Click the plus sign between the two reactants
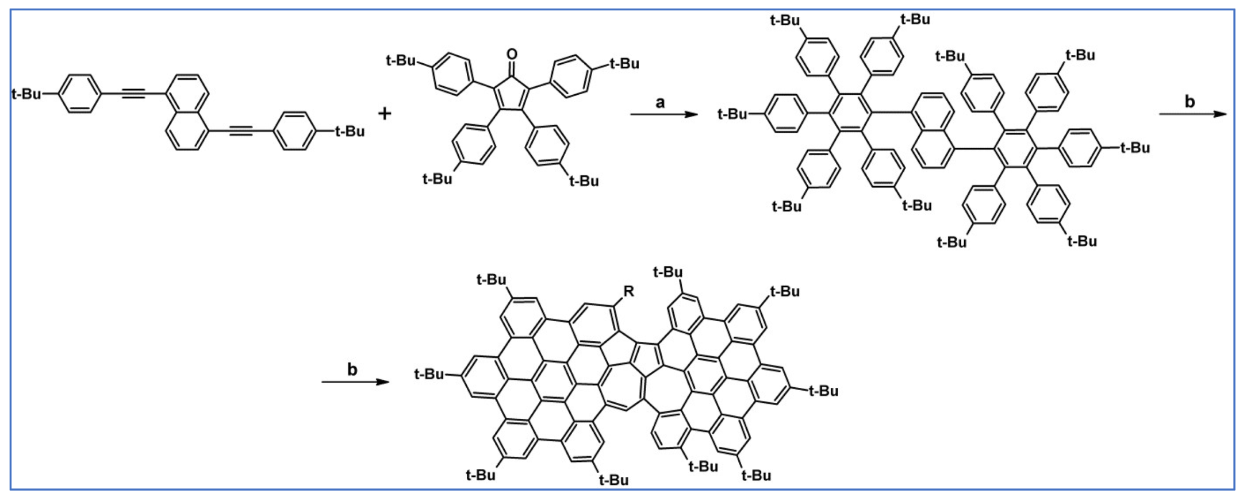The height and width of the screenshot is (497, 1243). coord(385,113)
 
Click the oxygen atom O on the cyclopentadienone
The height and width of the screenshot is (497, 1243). coord(512,55)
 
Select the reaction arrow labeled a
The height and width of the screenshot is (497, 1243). coord(664,114)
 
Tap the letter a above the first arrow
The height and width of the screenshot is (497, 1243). coord(660,102)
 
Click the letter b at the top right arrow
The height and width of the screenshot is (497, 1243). coord(1190,102)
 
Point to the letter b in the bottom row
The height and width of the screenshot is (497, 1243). coord(352,369)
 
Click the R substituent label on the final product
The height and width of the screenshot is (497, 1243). coord(628,291)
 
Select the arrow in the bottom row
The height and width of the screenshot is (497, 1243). coord(355,382)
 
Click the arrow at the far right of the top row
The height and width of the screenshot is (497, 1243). coord(1192,114)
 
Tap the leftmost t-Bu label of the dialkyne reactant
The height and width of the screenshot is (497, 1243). coord(26,94)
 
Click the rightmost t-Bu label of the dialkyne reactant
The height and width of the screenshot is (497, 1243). coord(350,132)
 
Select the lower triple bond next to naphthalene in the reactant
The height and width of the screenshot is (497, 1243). coord(240,132)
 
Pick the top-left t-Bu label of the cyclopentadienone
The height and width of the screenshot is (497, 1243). coord(401,60)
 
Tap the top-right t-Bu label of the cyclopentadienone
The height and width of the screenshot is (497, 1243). coord(624,63)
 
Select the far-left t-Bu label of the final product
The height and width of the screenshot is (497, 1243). coord(429,375)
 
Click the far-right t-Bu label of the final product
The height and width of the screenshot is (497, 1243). coord(824,391)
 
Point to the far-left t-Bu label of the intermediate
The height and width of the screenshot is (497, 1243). coord(732,114)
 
